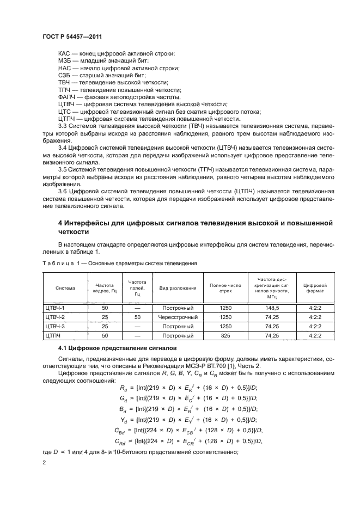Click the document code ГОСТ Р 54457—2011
point(72,36)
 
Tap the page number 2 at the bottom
point(44,462)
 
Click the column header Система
point(65,287)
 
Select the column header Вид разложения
point(178,287)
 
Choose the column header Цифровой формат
point(314,287)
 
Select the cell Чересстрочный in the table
point(178,317)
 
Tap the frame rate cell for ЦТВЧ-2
point(105,317)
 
